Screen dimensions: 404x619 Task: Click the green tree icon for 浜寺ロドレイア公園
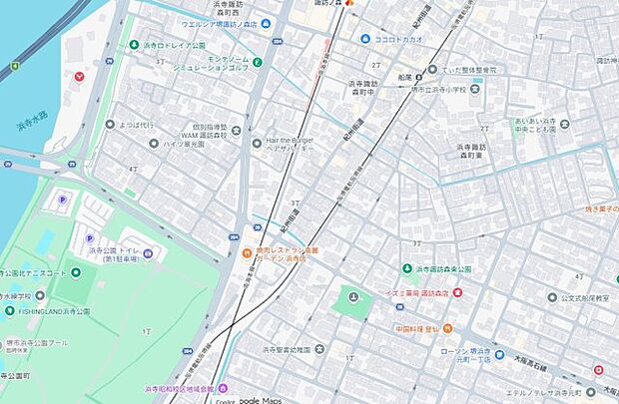pos(132,46)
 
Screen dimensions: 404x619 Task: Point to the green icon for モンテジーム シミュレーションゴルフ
pos(258,62)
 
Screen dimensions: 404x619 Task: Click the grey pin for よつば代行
pos(111,125)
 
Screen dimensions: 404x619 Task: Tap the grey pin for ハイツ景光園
pos(154,144)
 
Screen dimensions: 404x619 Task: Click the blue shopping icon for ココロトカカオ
pos(366,40)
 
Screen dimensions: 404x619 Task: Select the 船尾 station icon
pos(420,71)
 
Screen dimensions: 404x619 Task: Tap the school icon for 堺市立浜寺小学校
pos(475,88)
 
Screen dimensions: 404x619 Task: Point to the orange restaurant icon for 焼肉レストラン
pos(245,251)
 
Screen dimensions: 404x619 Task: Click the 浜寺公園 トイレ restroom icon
pos(89,239)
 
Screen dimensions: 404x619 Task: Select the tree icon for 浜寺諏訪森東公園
pos(406,268)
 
